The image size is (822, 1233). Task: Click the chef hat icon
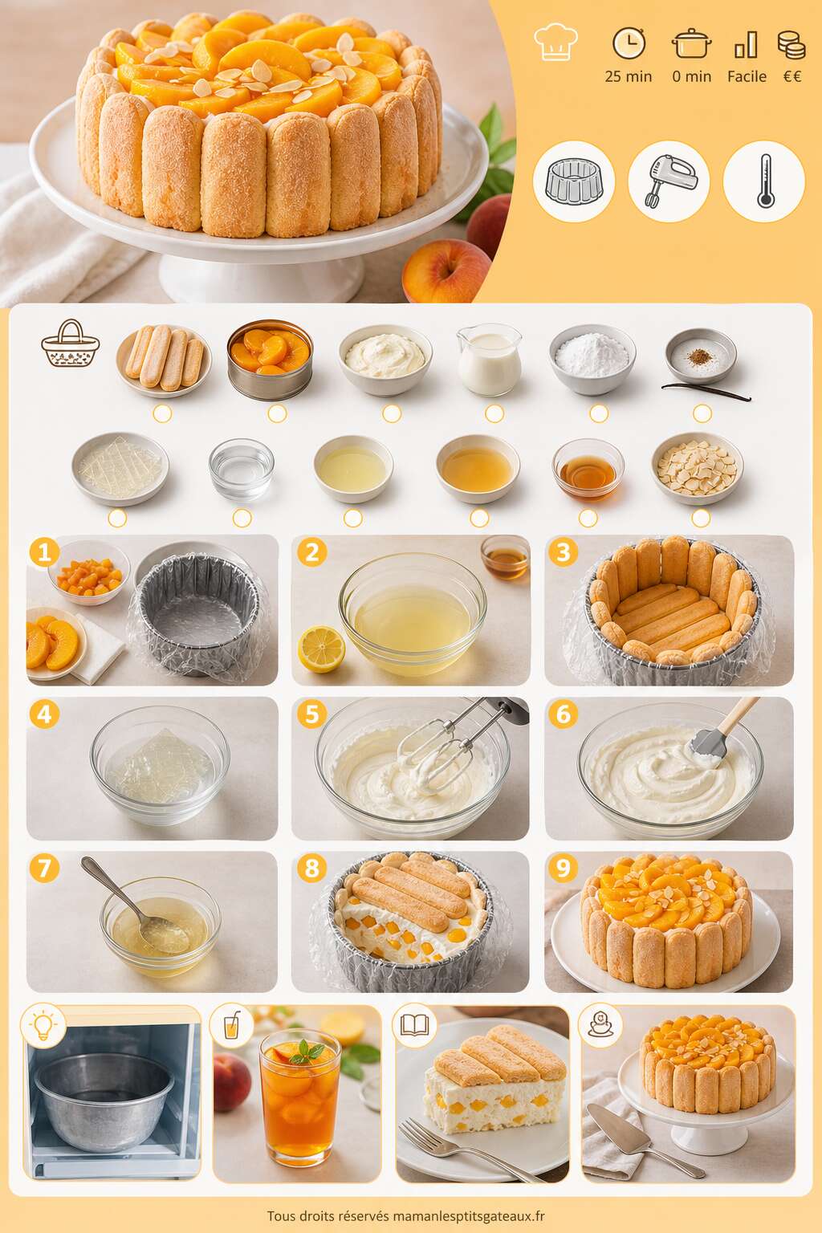click(x=555, y=42)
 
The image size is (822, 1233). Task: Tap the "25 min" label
click(x=629, y=76)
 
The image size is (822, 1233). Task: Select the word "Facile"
click(x=747, y=76)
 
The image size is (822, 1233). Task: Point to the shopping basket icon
click(x=71, y=343)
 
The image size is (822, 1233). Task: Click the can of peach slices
click(x=270, y=360)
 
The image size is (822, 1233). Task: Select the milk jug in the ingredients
click(x=489, y=360)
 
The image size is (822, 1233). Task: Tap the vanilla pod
click(x=706, y=392)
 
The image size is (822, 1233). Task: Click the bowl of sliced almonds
click(x=697, y=469)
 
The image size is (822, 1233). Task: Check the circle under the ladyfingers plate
click(x=162, y=413)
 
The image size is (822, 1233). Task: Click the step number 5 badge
click(x=312, y=714)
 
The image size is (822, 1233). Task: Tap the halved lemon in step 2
click(x=322, y=649)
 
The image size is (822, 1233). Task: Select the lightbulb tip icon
click(x=43, y=1026)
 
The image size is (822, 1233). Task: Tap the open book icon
click(x=414, y=1025)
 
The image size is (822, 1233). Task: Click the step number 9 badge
click(x=563, y=868)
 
